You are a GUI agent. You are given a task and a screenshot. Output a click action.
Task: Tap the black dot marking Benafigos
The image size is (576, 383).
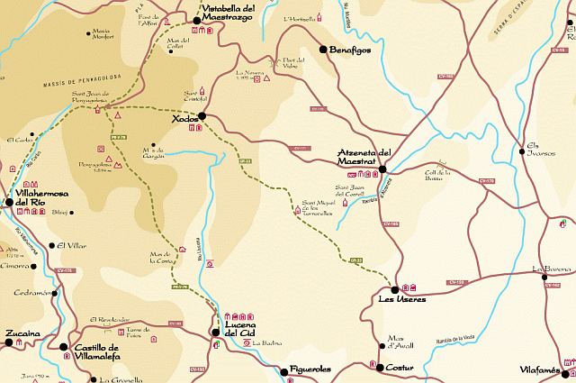(x=323, y=50)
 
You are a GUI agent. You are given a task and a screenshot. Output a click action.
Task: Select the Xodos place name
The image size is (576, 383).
(x=184, y=117)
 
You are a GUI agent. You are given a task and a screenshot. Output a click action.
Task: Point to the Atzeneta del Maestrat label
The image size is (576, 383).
(x=364, y=156)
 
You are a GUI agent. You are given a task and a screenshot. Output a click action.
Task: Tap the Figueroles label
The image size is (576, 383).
(x=311, y=369)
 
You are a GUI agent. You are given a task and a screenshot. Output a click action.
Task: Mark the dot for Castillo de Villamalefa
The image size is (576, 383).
(x=63, y=346)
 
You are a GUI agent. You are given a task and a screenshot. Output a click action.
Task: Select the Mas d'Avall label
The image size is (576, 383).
(x=393, y=343)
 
